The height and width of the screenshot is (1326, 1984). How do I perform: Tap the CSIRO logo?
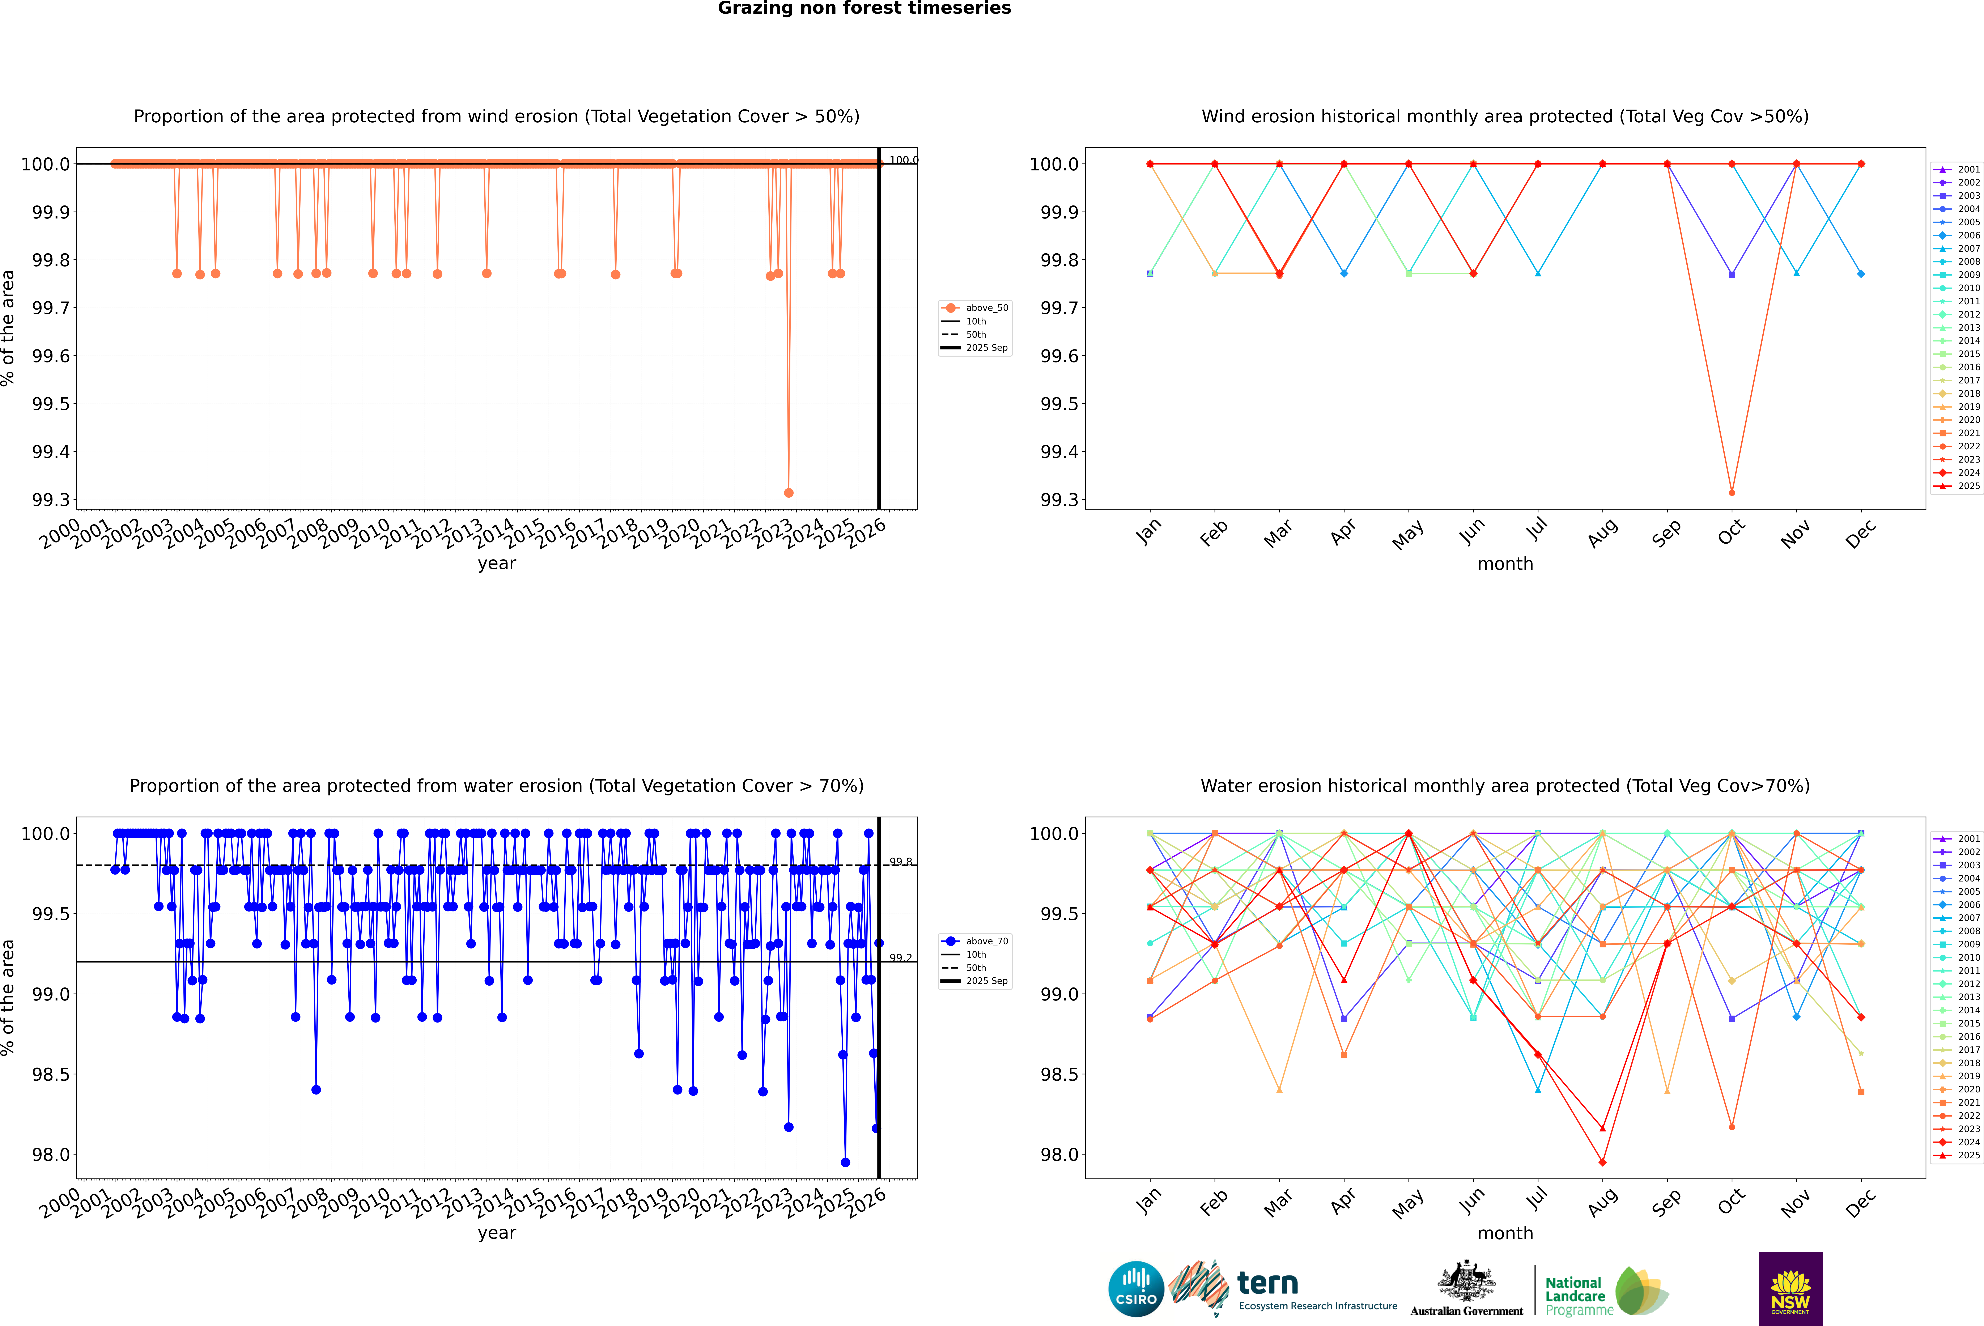1136,1289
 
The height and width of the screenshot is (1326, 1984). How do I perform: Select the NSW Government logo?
1790,1289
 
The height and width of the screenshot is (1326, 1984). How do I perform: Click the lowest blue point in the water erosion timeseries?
845,1162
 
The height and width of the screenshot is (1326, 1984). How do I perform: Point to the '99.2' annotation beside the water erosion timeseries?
901,958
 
